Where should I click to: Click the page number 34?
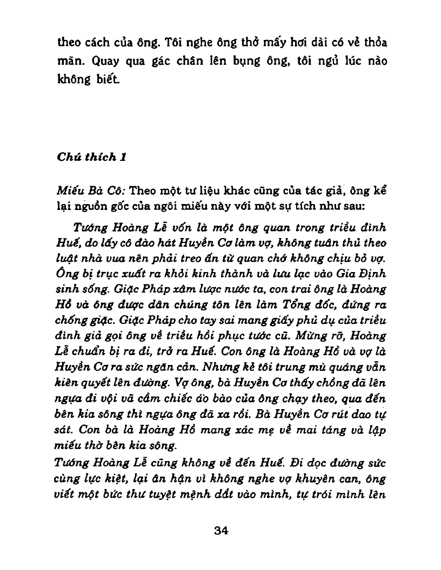(221, 530)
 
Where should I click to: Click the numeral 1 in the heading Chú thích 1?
(123, 157)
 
